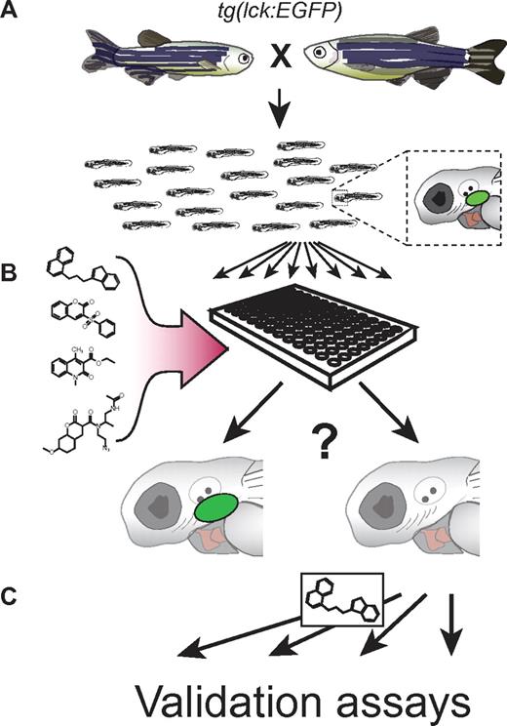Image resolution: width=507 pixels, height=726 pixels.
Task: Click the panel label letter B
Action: tap(13, 266)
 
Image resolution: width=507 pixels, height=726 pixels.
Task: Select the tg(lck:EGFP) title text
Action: tap(256, 13)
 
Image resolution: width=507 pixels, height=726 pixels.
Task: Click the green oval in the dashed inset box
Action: tap(478, 199)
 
